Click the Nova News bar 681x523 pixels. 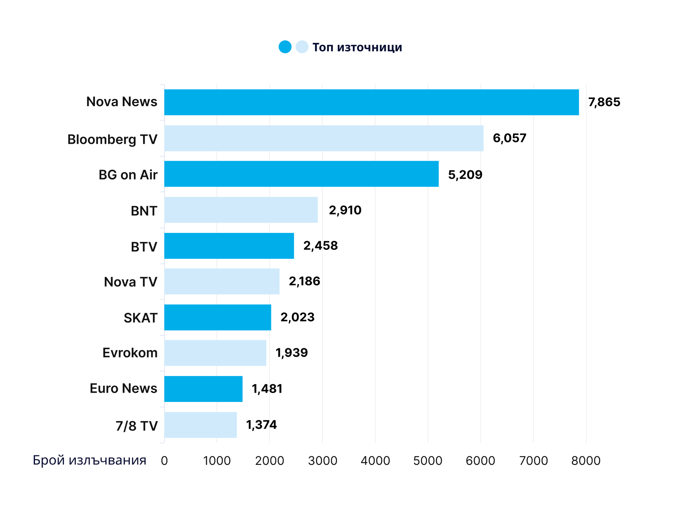pyautogui.click(x=371, y=102)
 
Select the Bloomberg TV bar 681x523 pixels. pyautogui.click(x=323, y=138)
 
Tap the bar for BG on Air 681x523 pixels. pyautogui.click(x=301, y=174)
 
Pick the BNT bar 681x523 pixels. pyautogui.click(x=241, y=210)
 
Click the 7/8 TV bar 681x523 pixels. pyautogui.click(x=200, y=425)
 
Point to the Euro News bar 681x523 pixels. pyautogui.click(x=203, y=389)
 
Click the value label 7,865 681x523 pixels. pyautogui.click(x=604, y=102)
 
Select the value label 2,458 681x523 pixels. pyautogui.click(x=320, y=246)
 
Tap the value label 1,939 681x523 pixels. pyautogui.click(x=291, y=353)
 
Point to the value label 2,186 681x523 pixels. pyautogui.click(x=304, y=281)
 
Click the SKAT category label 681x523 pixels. pyautogui.click(x=140, y=318)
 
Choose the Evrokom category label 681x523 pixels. pyautogui.click(x=130, y=353)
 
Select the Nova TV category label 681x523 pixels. pyautogui.click(x=130, y=282)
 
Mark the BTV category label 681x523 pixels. pyautogui.click(x=144, y=247)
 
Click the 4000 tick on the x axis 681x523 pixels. pyautogui.click(x=375, y=461)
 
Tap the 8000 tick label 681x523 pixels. pyautogui.click(x=586, y=461)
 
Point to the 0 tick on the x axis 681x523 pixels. pyautogui.click(x=164, y=461)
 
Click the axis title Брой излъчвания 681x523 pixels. pyautogui.click(x=90, y=460)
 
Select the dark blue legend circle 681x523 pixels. pyautogui.click(x=285, y=47)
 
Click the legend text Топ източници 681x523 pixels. pyautogui.click(x=357, y=47)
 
